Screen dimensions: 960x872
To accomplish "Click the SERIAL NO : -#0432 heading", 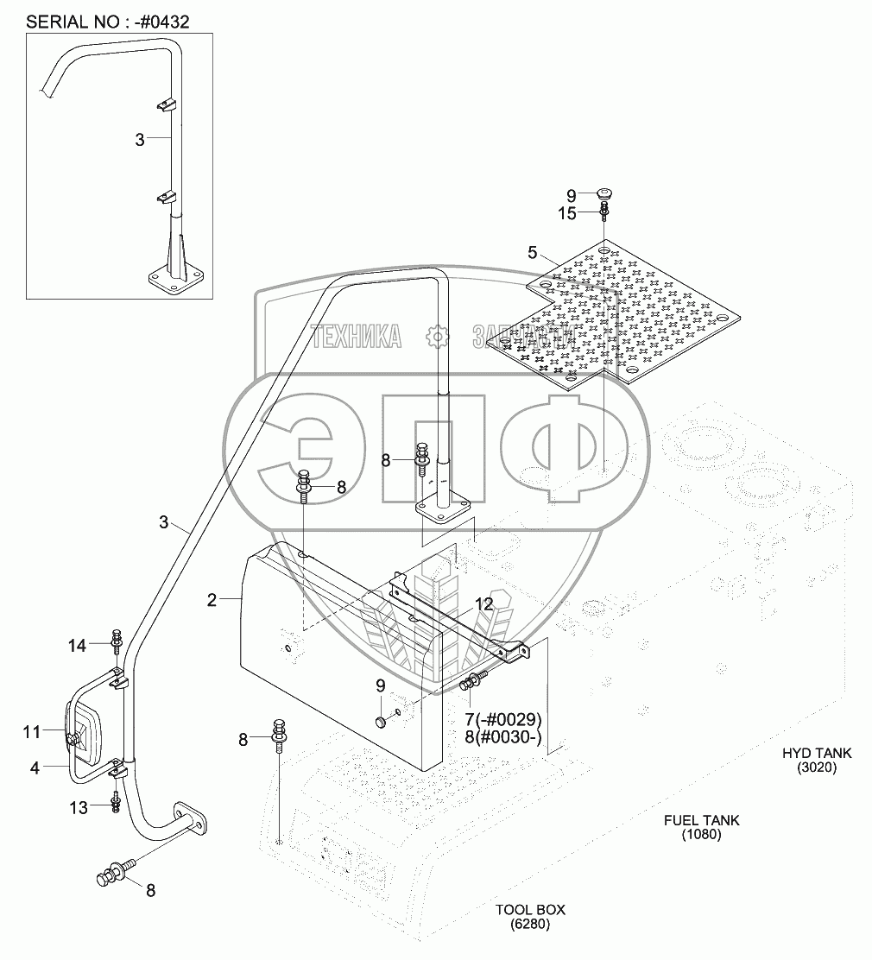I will [x=108, y=20].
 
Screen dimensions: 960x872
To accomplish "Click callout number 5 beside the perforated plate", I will [x=533, y=253].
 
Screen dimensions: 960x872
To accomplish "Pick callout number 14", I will [x=78, y=645].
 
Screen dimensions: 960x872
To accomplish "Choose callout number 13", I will [x=78, y=807].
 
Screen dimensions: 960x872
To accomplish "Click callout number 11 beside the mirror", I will [x=32, y=733].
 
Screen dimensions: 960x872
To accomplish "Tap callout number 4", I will [x=35, y=766].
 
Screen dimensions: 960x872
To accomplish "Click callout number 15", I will [x=566, y=214].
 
